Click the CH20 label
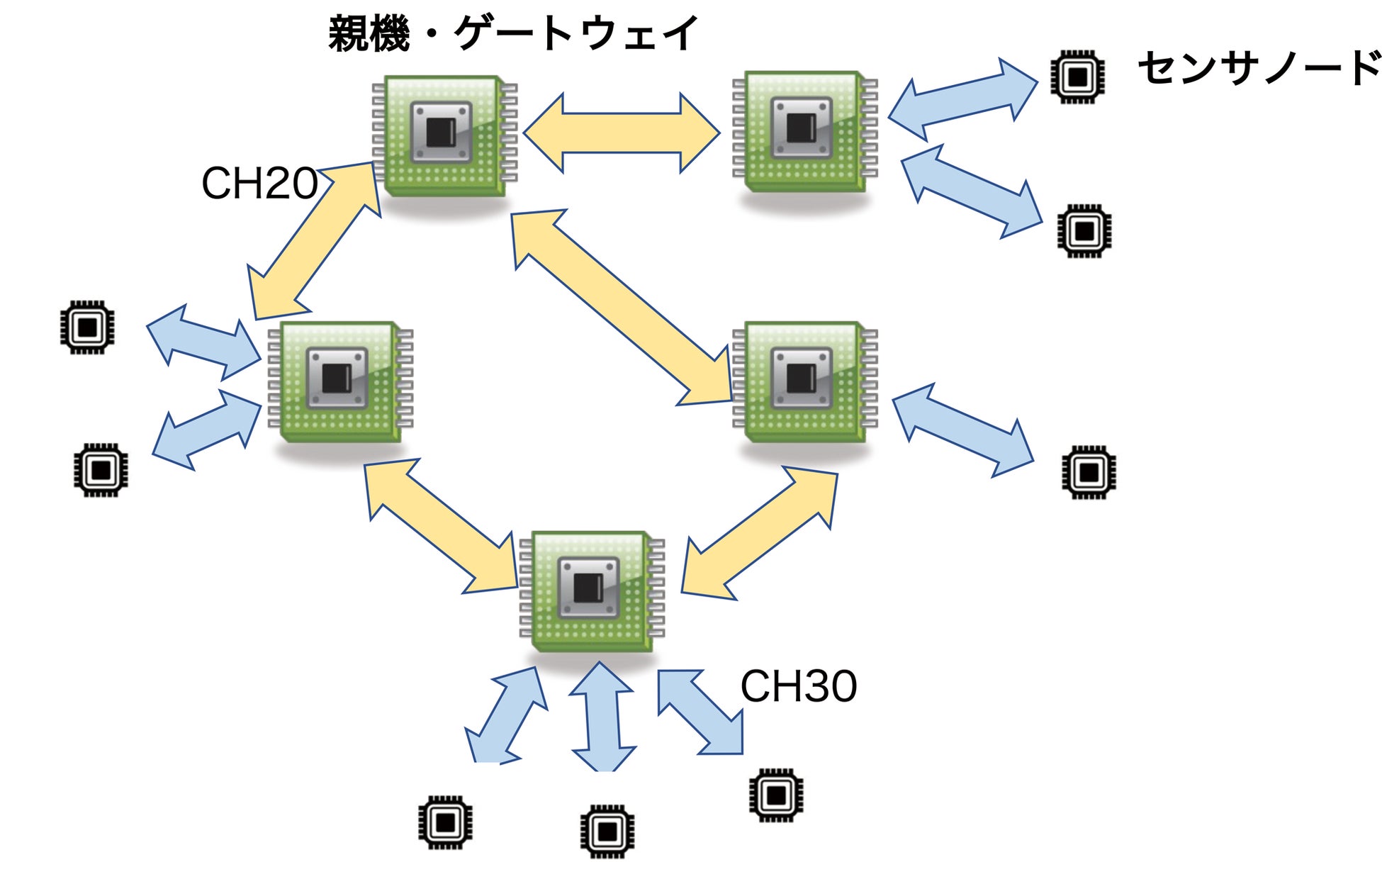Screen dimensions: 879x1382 259,184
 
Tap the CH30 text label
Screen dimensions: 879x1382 798,686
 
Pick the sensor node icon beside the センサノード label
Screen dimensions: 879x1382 1077,77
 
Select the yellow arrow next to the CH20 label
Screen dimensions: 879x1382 314,241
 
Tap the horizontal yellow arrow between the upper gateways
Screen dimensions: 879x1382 622,133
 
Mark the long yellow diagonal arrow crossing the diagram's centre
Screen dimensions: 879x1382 622,308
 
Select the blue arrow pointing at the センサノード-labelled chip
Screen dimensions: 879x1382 962,99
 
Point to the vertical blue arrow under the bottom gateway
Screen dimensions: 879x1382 602,717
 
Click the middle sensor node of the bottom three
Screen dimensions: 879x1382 607,831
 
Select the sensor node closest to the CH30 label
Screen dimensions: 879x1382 776,795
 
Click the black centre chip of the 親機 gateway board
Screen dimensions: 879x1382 441,132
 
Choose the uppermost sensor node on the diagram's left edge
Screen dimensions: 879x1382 87,327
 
